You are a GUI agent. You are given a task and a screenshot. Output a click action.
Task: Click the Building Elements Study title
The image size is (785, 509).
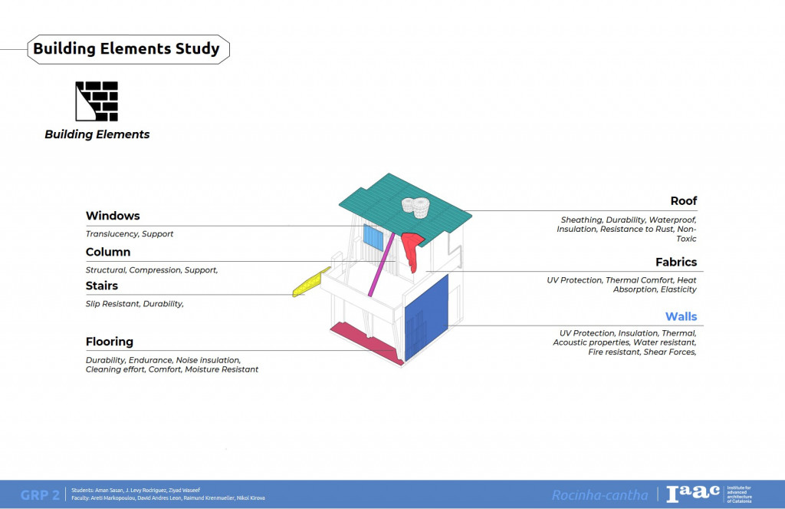(126, 49)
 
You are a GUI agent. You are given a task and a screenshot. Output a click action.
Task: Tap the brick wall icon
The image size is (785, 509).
(97, 101)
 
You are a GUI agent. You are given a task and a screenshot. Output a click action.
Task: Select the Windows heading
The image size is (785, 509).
(113, 216)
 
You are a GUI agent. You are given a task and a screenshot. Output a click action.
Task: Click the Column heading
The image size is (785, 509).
(108, 252)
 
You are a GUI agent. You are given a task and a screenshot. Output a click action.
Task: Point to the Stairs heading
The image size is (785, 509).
(102, 286)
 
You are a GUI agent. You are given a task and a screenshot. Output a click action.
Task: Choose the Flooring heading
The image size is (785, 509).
(110, 342)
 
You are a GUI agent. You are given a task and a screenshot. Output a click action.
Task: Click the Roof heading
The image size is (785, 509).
(683, 201)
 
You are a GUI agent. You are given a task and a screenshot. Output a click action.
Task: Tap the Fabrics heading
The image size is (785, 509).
(676, 262)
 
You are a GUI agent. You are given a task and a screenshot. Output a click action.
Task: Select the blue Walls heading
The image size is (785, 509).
(681, 316)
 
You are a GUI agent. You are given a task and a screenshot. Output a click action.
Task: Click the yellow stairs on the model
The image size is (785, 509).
(310, 283)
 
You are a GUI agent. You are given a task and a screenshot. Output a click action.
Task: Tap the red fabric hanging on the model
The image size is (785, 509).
(412, 250)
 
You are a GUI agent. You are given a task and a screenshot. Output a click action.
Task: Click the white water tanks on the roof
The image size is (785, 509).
(415, 206)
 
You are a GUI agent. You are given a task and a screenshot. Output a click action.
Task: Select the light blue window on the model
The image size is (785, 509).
(373, 236)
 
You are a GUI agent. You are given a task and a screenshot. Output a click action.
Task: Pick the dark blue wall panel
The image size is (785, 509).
(426, 319)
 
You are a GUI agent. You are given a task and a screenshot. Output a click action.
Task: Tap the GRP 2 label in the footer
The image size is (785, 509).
(40, 494)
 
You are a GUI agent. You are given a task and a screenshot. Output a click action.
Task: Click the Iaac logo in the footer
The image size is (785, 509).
(693, 494)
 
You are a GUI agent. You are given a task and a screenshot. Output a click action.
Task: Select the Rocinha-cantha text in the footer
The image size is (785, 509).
(599, 495)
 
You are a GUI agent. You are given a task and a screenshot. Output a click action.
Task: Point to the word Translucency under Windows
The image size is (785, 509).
(111, 233)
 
